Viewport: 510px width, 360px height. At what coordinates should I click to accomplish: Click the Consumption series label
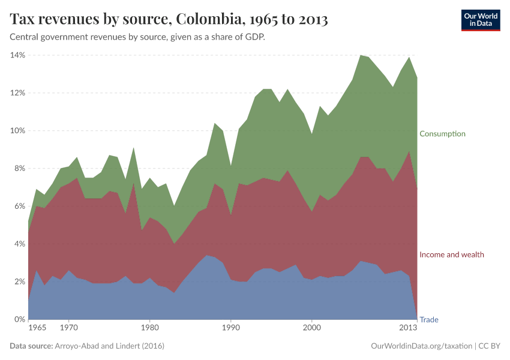click(x=442, y=133)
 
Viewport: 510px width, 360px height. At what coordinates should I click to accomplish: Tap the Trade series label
click(x=428, y=320)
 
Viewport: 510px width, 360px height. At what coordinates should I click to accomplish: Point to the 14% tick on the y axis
click(x=17, y=55)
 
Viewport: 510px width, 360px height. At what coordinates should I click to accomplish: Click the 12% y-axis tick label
click(x=17, y=93)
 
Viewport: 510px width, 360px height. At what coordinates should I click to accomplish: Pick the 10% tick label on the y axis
click(x=17, y=131)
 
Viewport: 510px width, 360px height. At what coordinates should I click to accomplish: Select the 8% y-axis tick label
click(x=19, y=169)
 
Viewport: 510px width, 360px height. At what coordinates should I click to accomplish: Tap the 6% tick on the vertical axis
click(x=19, y=206)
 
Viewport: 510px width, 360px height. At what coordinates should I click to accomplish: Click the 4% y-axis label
click(x=19, y=244)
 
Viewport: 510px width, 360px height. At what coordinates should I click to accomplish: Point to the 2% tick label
click(x=19, y=282)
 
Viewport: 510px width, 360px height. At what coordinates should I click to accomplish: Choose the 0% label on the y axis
click(x=19, y=320)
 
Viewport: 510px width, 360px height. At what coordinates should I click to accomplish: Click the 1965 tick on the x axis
click(x=37, y=328)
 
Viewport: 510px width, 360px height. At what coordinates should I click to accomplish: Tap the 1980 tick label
click(x=149, y=328)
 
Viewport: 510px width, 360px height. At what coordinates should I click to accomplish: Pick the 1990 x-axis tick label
click(x=230, y=328)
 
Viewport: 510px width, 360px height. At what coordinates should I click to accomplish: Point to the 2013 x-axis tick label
click(x=409, y=328)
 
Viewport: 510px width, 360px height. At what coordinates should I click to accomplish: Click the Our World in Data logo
click(x=481, y=20)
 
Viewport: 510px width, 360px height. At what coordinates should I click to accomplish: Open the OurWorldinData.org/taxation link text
click(x=420, y=346)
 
